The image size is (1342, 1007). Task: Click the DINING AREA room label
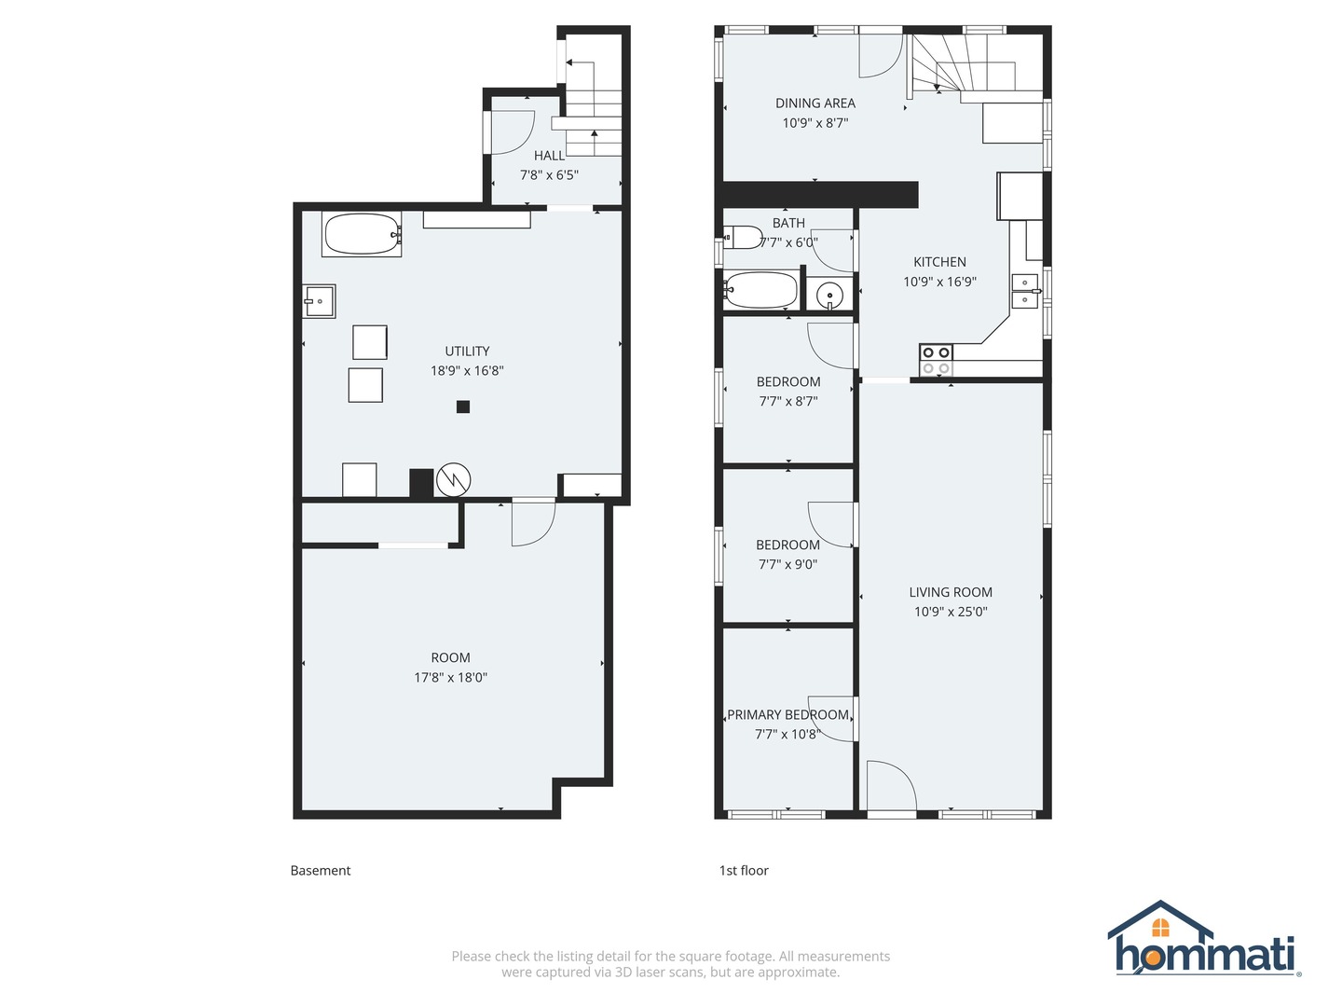[x=815, y=103]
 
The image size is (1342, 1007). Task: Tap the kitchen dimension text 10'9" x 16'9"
[x=939, y=282]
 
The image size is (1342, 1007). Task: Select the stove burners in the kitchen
[x=936, y=360]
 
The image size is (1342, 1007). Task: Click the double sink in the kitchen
[x=1025, y=291]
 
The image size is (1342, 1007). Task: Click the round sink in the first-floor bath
[x=829, y=296]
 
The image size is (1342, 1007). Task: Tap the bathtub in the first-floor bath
[x=760, y=290]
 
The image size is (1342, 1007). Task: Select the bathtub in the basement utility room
[x=362, y=234]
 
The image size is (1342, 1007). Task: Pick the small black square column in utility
[x=463, y=407]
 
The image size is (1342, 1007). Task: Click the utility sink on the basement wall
[x=319, y=301]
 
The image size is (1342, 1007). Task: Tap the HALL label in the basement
[x=549, y=156]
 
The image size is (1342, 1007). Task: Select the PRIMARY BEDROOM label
[x=787, y=715]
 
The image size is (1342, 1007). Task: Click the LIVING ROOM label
[x=951, y=592]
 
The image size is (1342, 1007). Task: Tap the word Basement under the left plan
[x=321, y=871]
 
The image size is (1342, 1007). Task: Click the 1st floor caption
[x=744, y=871]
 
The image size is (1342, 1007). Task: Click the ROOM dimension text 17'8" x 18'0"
[x=450, y=678]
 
